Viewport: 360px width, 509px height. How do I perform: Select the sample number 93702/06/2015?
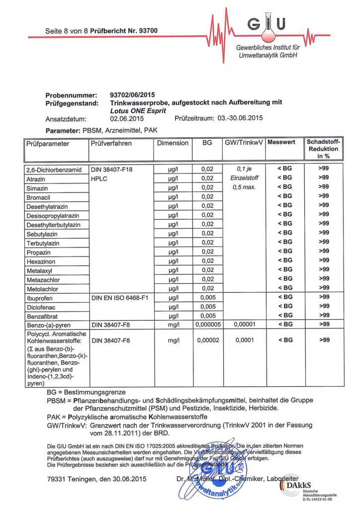[132, 95]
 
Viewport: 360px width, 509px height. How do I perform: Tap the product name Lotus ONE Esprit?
[138, 111]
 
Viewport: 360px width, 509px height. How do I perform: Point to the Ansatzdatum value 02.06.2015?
[127, 119]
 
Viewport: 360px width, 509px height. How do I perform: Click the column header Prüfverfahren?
[111, 143]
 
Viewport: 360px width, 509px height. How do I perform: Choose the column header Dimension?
[173, 143]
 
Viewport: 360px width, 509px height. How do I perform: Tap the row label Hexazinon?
[40, 261]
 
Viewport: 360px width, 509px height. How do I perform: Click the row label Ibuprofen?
[40, 298]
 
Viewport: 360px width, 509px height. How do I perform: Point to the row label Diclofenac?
[40, 307]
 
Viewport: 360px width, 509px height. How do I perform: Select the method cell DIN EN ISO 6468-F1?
[120, 298]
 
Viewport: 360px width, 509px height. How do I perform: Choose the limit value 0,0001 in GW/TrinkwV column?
[244, 341]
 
